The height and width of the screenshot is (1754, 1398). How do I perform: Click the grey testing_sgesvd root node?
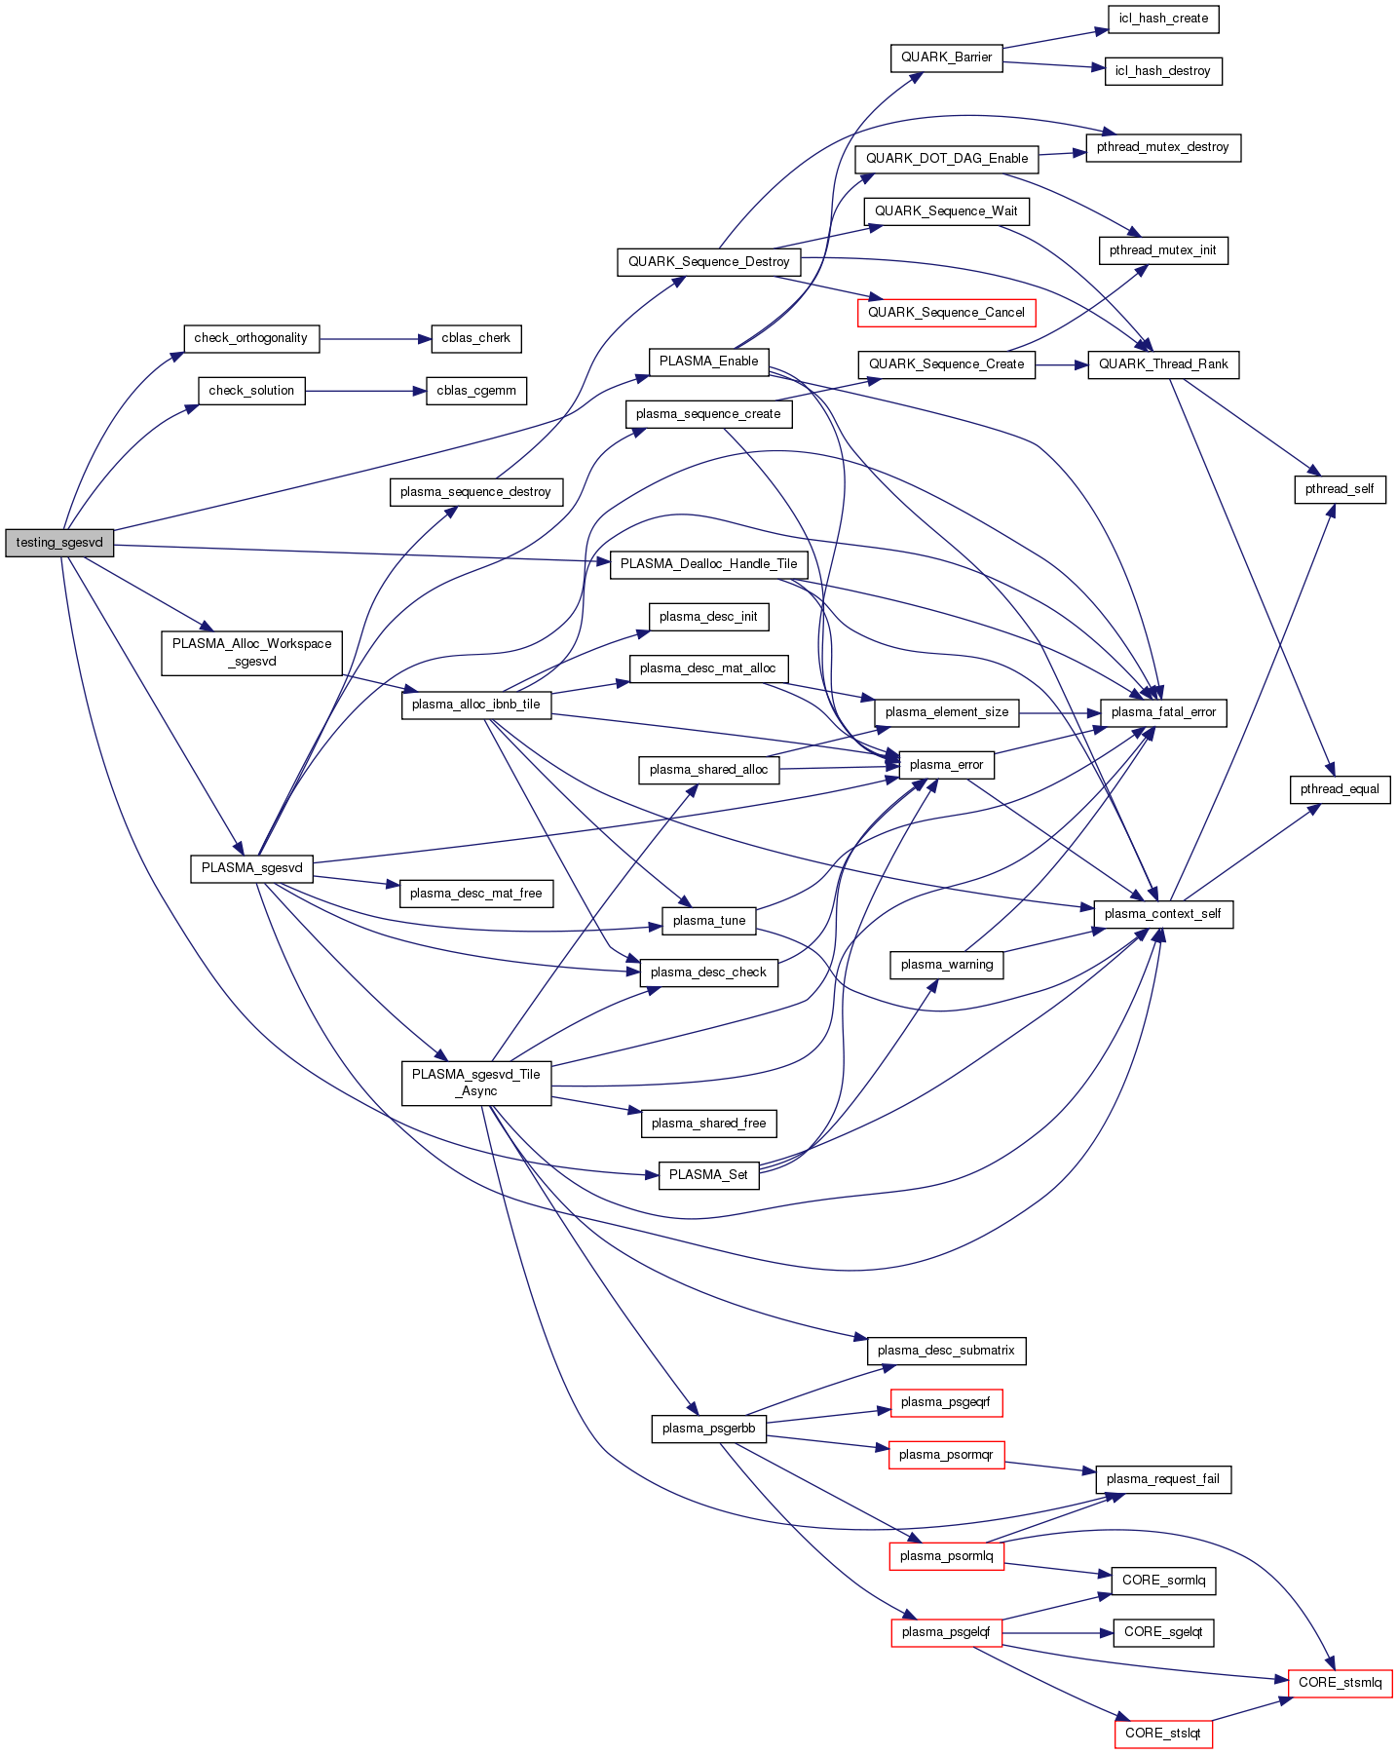tap(59, 543)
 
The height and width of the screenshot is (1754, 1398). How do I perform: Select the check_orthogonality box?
tap(251, 338)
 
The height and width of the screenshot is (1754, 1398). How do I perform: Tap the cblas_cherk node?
tap(475, 338)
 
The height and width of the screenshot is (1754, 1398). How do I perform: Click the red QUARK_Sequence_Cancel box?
tap(946, 313)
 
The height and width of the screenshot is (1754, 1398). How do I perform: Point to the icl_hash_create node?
tap(1163, 19)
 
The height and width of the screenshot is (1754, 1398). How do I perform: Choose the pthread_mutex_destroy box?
tap(1162, 147)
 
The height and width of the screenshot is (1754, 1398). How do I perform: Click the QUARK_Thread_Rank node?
tap(1163, 364)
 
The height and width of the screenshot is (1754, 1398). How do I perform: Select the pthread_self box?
tap(1340, 489)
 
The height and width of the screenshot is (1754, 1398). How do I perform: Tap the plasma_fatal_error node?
tap(1163, 712)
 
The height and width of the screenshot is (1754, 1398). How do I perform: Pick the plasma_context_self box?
tap(1162, 914)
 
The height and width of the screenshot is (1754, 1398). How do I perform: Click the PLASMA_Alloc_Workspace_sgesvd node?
tap(251, 653)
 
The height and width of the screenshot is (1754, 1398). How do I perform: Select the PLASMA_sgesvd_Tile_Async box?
tap(475, 1083)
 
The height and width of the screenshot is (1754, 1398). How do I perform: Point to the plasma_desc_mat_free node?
tap(475, 894)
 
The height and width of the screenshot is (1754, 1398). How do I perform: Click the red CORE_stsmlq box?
tap(1340, 1683)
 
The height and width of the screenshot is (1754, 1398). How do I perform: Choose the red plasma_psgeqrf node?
tap(945, 1402)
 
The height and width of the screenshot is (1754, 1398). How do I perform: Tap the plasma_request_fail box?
tap(1162, 1479)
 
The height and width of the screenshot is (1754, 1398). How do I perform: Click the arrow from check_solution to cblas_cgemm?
tap(365, 391)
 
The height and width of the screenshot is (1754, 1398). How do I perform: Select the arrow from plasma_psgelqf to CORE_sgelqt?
tap(1057, 1632)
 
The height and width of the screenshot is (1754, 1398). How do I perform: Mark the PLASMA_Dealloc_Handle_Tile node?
tap(708, 564)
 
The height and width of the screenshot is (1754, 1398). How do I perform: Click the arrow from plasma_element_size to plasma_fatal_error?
tap(1060, 712)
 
